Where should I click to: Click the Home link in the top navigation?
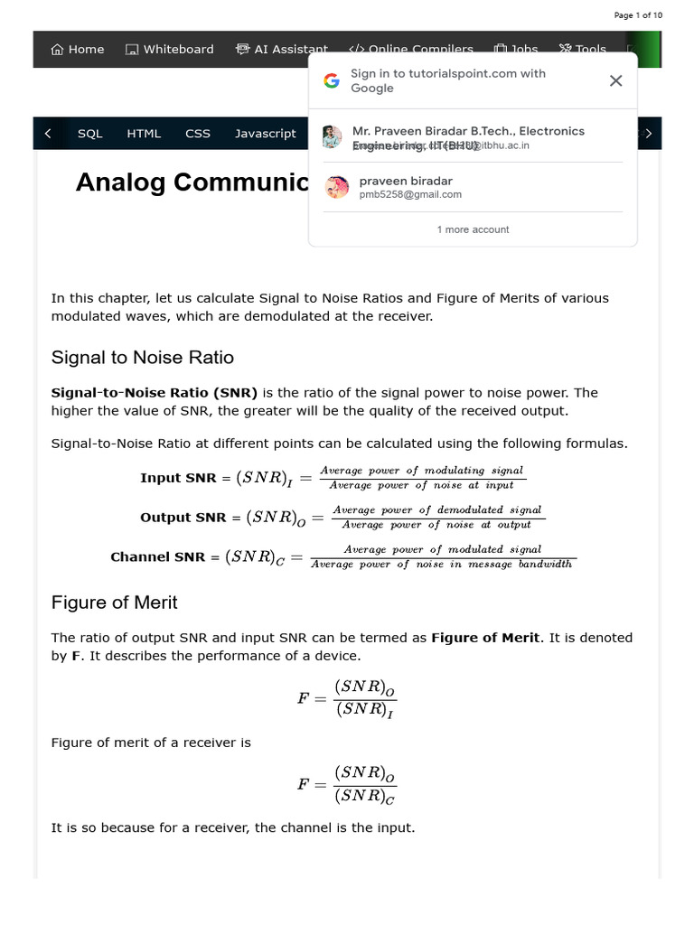point(78,50)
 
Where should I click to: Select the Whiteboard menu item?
point(170,50)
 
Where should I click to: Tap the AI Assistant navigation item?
point(282,50)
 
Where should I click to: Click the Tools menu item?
point(583,50)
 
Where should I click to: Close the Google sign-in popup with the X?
point(615,80)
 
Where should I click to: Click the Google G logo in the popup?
point(332,80)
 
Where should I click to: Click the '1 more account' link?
point(473,229)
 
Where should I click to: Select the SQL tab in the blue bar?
point(90,134)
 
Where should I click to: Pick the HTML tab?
point(144,134)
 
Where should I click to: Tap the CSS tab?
point(198,134)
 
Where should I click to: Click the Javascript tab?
point(265,134)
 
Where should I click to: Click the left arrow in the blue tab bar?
point(48,134)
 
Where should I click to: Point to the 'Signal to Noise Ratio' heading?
point(143,358)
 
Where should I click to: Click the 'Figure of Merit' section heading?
point(115,603)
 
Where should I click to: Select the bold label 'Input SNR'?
point(178,478)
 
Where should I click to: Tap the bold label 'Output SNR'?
point(183,518)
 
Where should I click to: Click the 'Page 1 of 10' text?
point(638,15)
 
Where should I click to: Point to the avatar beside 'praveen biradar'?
point(337,187)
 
